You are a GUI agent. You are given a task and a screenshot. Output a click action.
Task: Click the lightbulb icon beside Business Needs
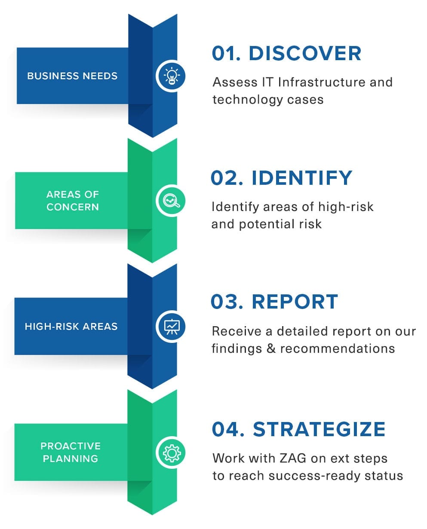coord(172,76)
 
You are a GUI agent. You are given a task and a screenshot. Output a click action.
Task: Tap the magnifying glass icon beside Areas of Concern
coord(172,201)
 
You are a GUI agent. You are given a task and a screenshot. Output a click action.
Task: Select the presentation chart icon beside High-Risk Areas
coord(172,326)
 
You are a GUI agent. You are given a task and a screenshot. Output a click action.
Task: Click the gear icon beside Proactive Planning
coord(172,453)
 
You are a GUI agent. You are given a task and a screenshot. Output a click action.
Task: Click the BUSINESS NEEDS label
coord(72,76)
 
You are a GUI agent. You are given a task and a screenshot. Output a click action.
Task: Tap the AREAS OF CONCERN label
coord(73,201)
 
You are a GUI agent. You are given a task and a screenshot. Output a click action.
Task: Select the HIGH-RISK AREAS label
coord(71,326)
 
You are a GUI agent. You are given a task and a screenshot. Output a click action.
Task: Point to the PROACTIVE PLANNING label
coord(71,452)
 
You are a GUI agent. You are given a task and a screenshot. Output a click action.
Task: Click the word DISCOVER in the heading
coord(305,53)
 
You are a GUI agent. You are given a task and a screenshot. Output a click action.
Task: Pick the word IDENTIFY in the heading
coord(302,178)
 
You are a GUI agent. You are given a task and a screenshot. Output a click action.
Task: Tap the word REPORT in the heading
coord(295,302)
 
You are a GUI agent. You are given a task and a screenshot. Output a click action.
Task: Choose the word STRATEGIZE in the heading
coord(319,429)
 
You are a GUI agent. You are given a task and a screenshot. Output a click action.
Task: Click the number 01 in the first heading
coord(225,53)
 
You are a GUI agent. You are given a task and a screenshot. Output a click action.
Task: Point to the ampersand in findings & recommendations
coord(271,349)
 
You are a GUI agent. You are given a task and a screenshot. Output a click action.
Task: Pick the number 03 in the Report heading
coord(224,302)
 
